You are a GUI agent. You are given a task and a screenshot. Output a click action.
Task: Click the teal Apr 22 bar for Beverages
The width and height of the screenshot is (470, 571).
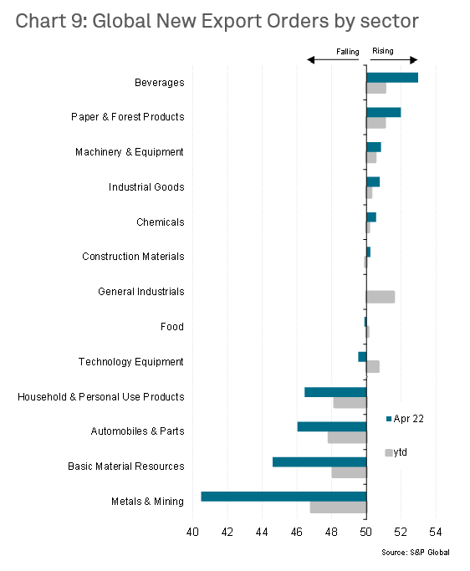tap(392, 78)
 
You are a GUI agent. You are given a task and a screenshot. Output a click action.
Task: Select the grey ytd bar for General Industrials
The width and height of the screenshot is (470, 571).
tap(381, 297)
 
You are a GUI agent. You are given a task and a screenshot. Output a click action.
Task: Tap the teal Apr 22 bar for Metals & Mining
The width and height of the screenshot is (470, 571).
tap(284, 497)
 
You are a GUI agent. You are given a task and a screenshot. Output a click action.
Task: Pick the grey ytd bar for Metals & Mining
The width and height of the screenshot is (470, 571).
tap(338, 507)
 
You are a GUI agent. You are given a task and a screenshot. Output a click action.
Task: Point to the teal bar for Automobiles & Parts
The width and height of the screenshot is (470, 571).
tap(332, 426)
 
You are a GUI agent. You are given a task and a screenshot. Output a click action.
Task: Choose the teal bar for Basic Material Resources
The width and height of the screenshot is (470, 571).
tap(319, 461)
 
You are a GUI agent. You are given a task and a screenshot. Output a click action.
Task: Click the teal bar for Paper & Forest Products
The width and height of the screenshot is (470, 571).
tap(384, 112)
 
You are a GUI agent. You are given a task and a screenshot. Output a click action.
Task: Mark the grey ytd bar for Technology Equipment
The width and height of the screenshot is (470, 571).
tap(373, 367)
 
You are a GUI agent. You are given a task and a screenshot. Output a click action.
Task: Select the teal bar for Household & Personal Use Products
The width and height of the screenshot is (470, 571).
tap(335, 392)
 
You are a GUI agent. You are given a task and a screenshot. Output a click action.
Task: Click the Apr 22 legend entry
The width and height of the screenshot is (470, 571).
tap(405, 419)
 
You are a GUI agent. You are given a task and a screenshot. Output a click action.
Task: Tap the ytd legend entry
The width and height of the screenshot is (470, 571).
tap(396, 452)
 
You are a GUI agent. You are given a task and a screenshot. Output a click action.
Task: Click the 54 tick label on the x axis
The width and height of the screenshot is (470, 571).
tap(436, 532)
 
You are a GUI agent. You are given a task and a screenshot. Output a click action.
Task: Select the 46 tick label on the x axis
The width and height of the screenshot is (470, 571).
tap(297, 532)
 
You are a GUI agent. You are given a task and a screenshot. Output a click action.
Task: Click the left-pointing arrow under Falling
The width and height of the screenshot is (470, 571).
tap(333, 59)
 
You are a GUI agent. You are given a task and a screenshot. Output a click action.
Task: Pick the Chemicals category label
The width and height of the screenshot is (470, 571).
tap(161, 222)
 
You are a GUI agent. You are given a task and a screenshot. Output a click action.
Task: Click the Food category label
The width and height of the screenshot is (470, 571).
tap(172, 327)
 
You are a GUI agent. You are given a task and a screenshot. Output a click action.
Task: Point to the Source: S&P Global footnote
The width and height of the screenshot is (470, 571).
tap(416, 553)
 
